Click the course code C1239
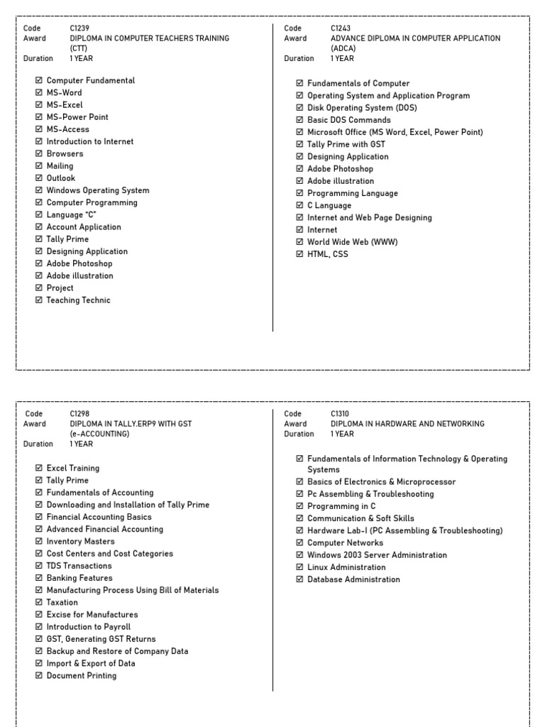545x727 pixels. coord(80,28)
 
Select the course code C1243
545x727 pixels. coord(341,28)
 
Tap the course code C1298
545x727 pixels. coord(80,414)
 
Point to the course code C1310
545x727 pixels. coord(341,414)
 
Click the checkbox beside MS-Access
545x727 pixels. coord(39,129)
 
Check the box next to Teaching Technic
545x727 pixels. coord(39,300)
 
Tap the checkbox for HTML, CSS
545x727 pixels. coord(299,254)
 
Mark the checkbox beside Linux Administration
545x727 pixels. coord(299,567)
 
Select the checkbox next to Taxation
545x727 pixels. coord(39,602)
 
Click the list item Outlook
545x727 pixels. coord(60,178)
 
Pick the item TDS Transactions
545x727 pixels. coord(79,566)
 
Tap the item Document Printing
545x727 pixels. coord(82,675)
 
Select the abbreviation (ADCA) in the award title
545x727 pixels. coord(343,48)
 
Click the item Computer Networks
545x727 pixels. coord(345,543)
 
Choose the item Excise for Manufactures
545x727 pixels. coord(92,614)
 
